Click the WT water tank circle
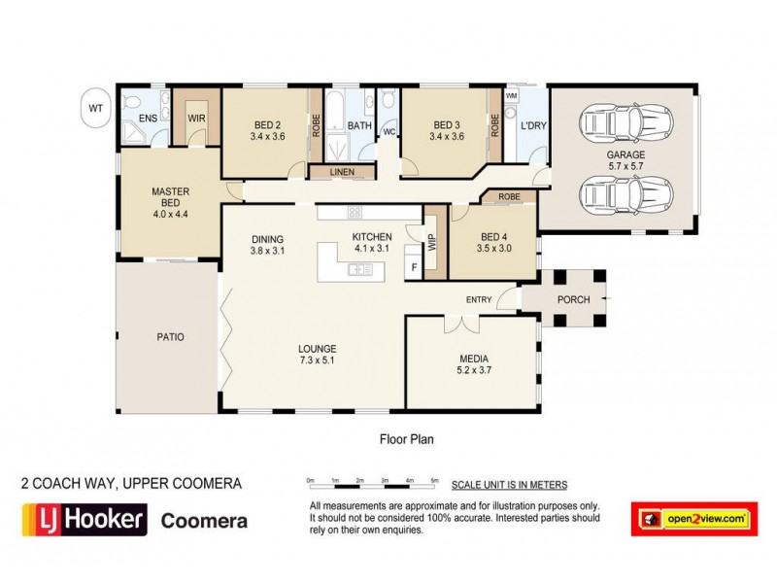pos(94,107)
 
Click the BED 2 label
pos(267,125)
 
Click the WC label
pos(388,132)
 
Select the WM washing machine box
pos(511,97)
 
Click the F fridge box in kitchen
pos(414,266)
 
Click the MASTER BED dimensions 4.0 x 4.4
pos(169,215)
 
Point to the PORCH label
pos(573,299)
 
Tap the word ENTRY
pos(479,299)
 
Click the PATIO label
pos(170,337)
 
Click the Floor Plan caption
pos(406,439)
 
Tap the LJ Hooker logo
pos(84,519)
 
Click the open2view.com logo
pos(693,520)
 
